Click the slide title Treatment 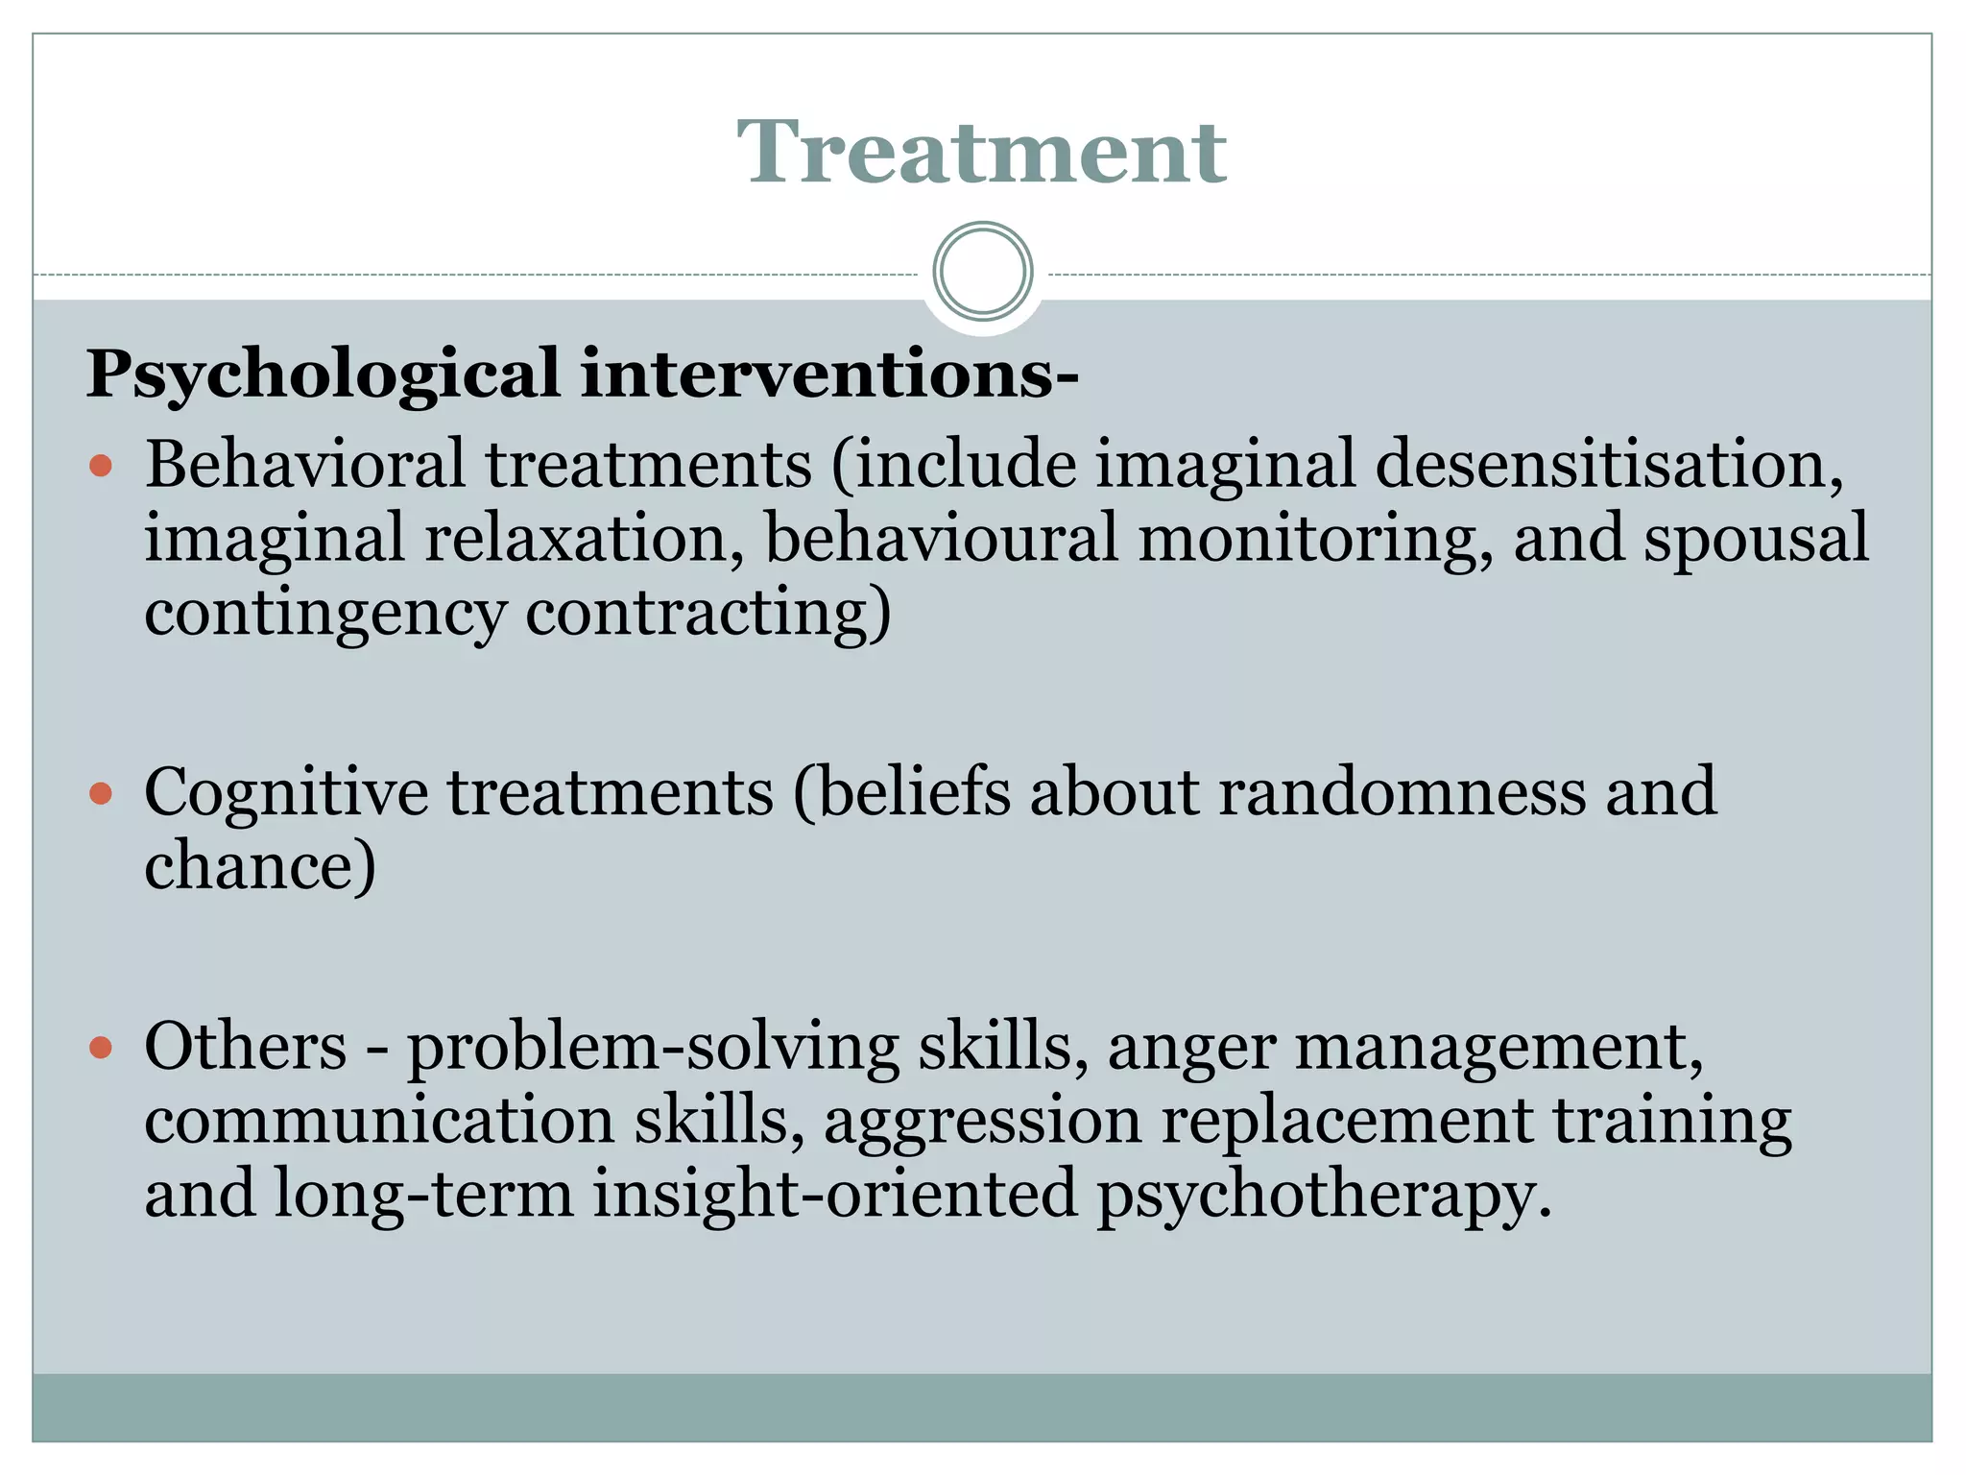(981, 152)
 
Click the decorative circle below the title (982, 272)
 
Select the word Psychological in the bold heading (324, 375)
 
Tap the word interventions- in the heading (829, 375)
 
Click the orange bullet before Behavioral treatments (101, 468)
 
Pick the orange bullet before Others (101, 1048)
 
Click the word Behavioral (304, 464)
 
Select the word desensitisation (1609, 464)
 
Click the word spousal (1756, 538)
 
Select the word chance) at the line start (259, 866)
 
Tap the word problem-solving (653, 1046)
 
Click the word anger (1190, 1046)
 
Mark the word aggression (982, 1121)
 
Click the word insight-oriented (834, 1195)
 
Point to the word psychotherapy (1323, 1195)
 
